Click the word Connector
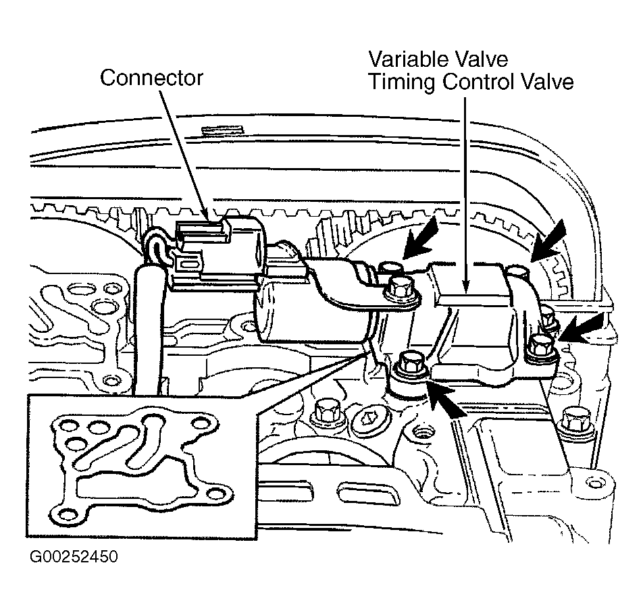151,78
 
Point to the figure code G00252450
74,556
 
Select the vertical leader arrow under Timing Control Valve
465,194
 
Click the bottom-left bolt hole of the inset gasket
67,514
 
